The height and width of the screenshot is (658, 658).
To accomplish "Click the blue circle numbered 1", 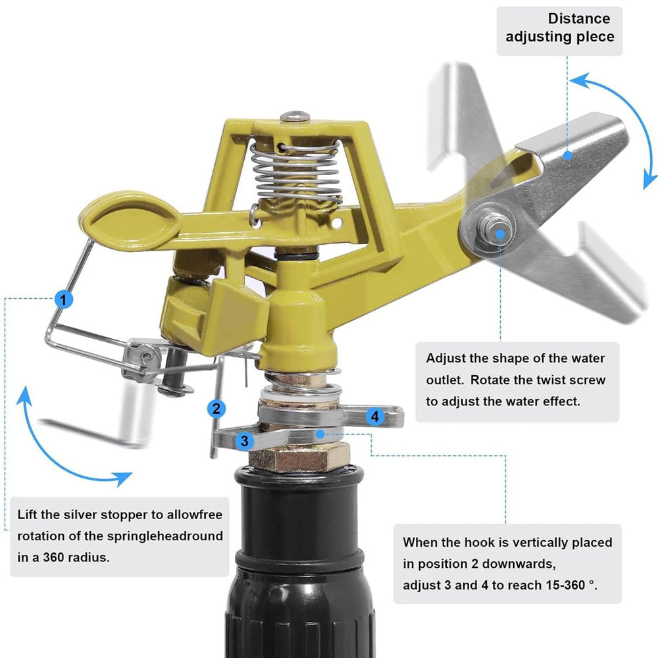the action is (64, 299).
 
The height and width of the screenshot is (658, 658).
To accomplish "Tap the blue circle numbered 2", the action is (216, 409).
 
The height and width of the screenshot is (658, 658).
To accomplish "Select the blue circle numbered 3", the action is (245, 441).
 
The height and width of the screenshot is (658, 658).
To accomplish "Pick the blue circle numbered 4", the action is (375, 417).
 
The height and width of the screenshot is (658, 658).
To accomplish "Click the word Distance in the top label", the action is (578, 18).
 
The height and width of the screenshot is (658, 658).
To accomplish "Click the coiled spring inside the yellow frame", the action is (296, 172).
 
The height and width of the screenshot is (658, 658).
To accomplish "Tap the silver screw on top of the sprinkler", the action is (295, 116).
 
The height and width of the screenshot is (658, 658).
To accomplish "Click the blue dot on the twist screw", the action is (500, 234).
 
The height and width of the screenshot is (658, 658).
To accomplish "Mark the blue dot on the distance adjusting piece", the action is (568, 155).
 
